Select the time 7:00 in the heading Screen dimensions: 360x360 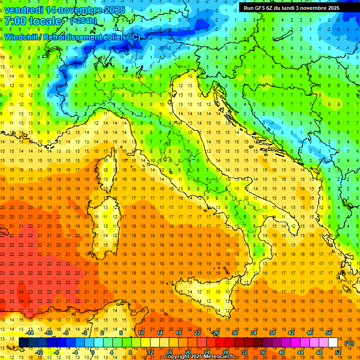15,21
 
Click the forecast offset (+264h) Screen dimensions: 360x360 84,21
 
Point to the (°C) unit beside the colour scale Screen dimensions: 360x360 349,343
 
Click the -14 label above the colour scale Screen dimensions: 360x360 30,333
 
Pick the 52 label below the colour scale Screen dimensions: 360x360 338,352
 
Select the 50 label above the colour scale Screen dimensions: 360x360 329,333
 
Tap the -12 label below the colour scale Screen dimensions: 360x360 39,352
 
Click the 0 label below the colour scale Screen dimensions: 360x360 93,352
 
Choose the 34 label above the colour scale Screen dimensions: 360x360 254,333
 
